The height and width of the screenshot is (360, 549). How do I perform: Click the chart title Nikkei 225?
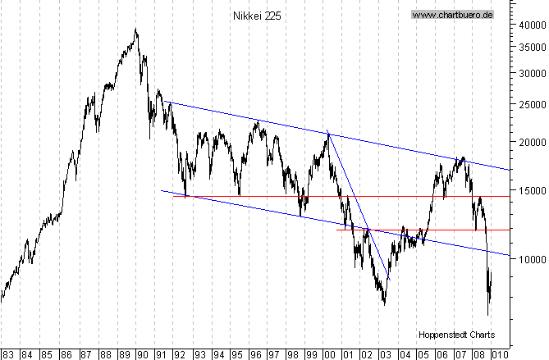(257, 15)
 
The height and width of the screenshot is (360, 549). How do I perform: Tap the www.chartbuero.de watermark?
(451, 15)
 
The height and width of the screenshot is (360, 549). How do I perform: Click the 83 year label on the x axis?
(7, 353)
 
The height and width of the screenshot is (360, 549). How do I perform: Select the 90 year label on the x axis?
(140, 353)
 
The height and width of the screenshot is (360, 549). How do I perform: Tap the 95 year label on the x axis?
(236, 353)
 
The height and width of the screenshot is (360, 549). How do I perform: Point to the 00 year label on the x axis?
(329, 353)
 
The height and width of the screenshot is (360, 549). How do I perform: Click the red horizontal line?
(410, 230)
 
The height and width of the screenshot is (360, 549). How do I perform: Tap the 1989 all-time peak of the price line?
(135, 30)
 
